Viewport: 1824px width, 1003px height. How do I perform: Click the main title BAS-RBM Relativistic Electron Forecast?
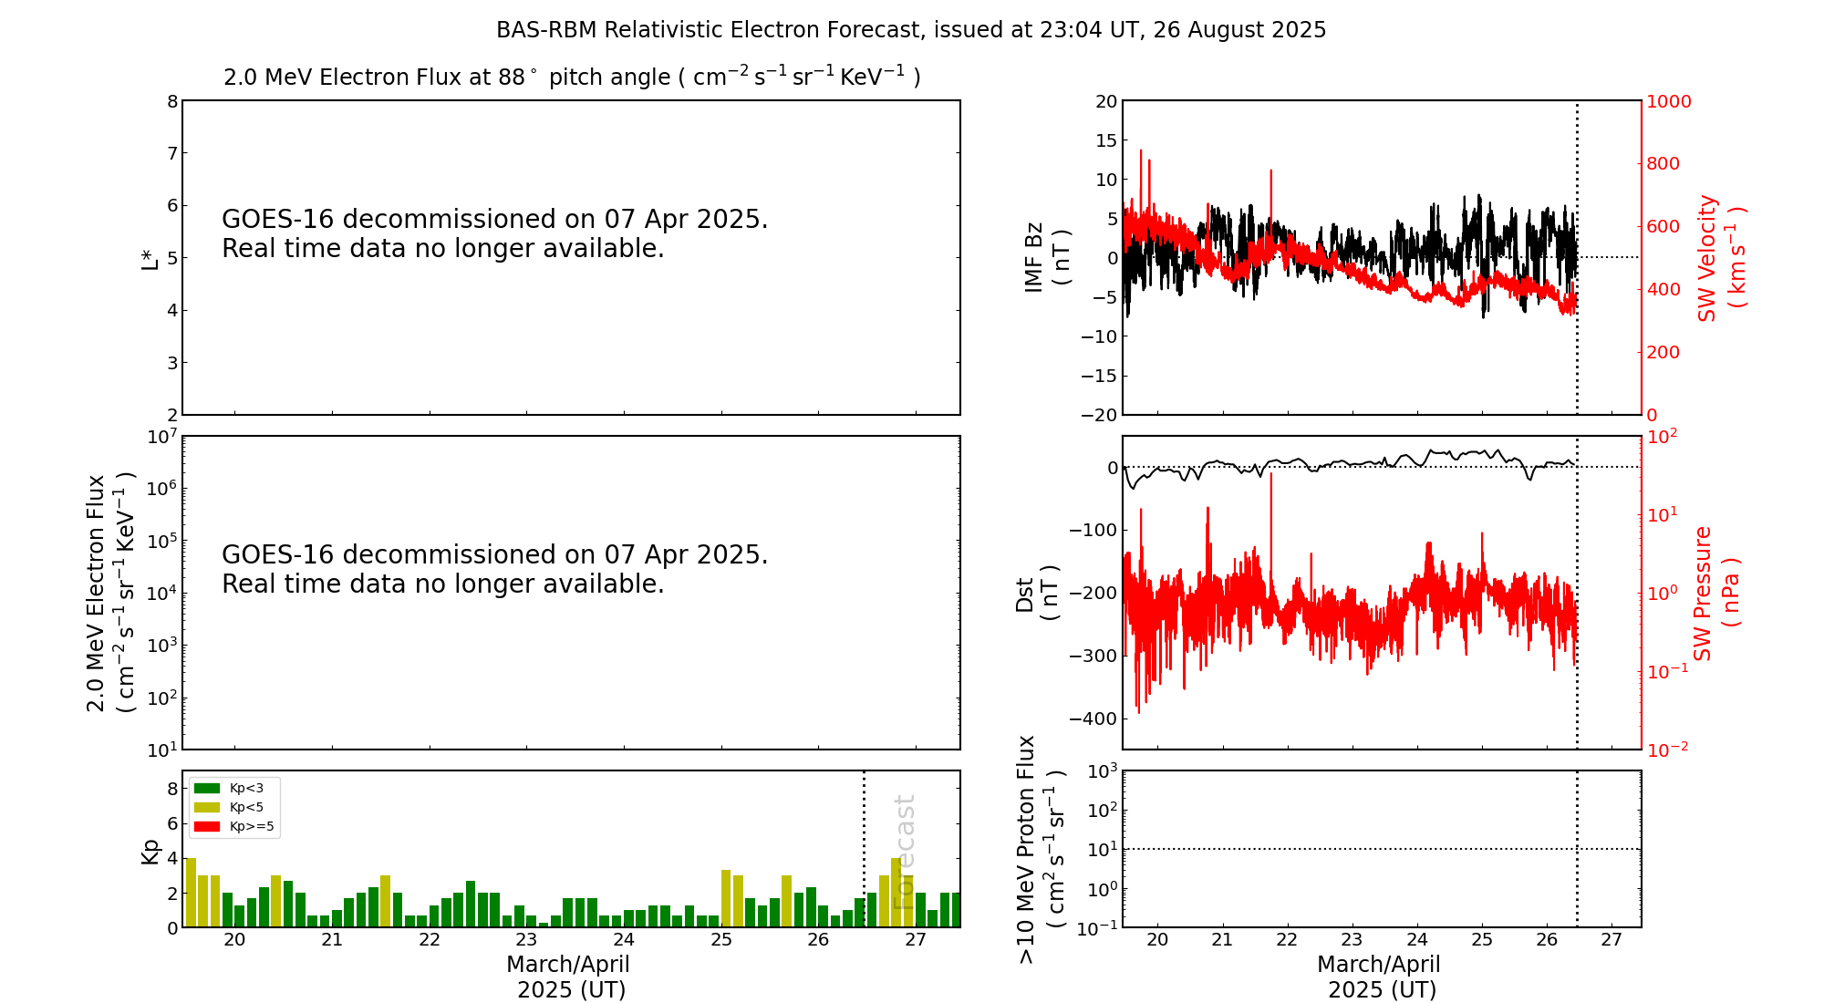911,30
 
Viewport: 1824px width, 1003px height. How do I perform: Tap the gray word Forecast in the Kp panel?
904,852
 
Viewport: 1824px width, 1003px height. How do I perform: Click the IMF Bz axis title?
1046,258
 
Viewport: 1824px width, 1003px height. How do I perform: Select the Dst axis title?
1037,594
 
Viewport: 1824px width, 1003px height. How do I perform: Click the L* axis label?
150,258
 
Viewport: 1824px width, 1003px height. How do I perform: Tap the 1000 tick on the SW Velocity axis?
1668,101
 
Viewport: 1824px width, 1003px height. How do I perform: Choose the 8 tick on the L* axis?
171,101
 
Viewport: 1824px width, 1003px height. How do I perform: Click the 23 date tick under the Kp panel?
526,940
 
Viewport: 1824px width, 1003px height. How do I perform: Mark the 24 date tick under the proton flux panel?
1416,940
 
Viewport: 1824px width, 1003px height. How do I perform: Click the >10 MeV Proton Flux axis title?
1041,849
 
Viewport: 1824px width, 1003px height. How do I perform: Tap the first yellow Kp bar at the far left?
192,892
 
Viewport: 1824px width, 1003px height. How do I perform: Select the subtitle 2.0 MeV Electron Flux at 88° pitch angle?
572,78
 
